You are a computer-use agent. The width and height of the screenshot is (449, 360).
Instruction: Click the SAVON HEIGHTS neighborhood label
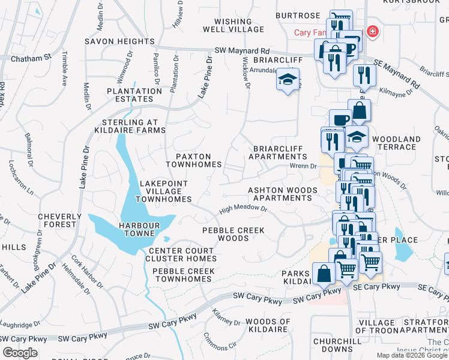click(119, 41)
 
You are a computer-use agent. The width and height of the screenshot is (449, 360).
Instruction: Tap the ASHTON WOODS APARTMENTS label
click(280, 194)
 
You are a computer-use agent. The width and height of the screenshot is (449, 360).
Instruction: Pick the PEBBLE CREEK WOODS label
click(225, 234)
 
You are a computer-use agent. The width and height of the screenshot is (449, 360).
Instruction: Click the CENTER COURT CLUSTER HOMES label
click(181, 254)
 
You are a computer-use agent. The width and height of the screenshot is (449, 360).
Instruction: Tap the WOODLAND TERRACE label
click(396, 143)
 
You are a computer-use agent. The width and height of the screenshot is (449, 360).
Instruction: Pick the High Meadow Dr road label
click(243, 209)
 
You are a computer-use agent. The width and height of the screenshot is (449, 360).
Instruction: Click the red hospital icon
click(373, 31)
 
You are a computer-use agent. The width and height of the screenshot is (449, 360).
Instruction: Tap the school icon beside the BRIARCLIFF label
click(288, 80)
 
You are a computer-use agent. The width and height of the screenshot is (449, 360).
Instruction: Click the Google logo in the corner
click(20, 352)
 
